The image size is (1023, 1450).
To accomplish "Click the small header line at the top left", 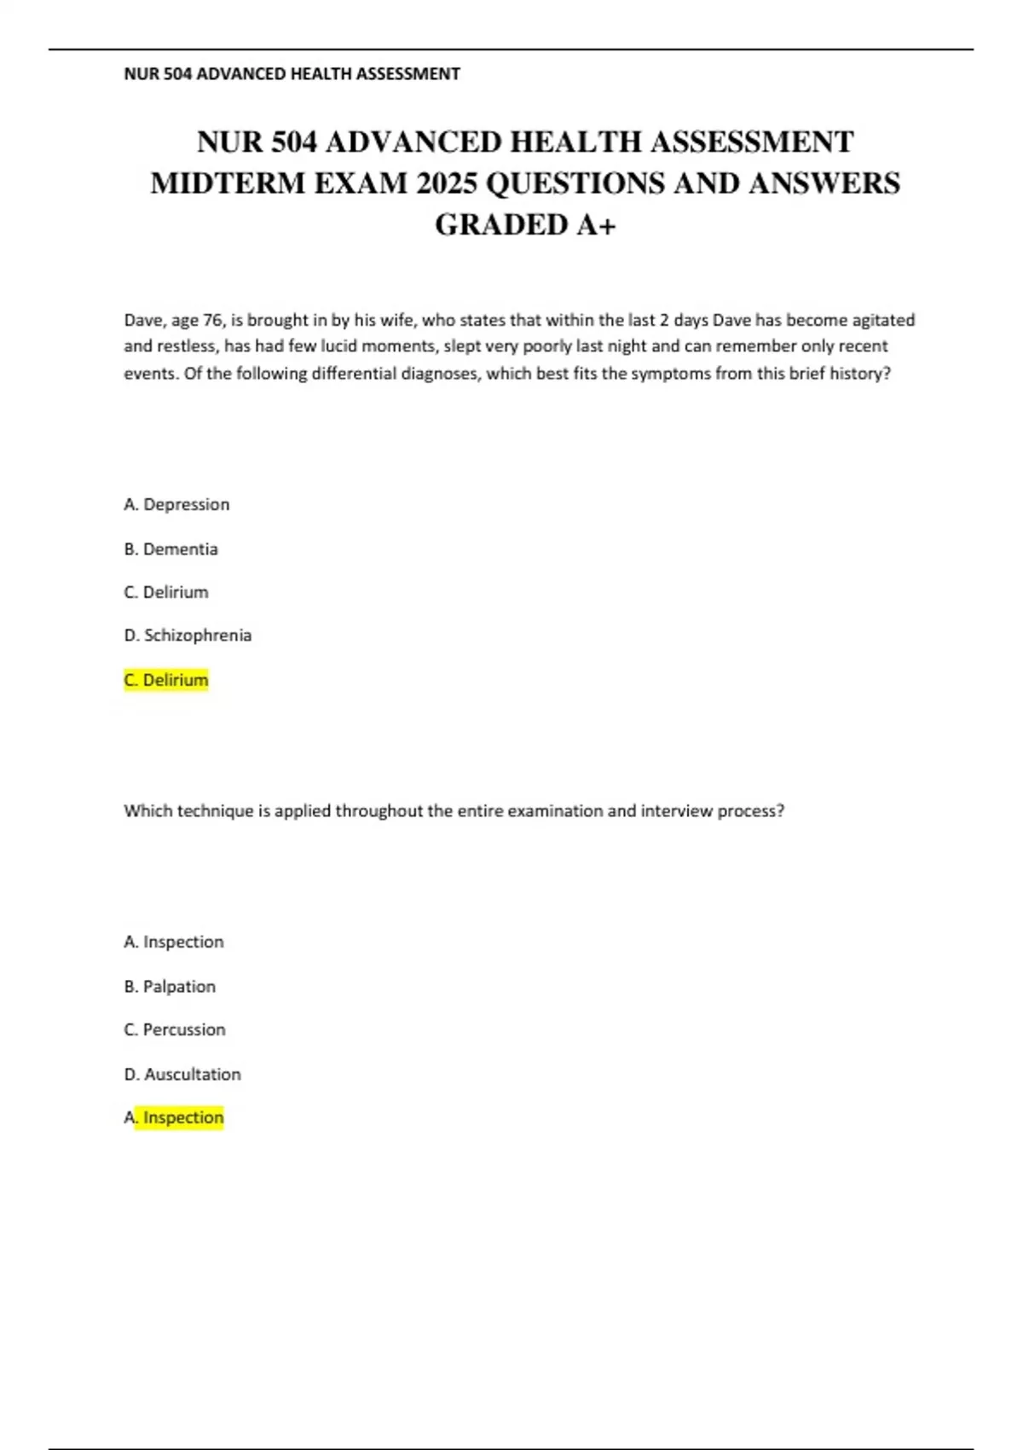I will (x=292, y=74).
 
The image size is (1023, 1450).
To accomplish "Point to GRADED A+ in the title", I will (x=525, y=225).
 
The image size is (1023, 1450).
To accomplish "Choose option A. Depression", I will (x=176, y=505).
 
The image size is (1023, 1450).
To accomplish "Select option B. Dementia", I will (x=170, y=549).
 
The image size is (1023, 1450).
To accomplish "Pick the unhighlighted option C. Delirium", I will (x=166, y=592).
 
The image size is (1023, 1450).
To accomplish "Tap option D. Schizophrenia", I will (x=188, y=635).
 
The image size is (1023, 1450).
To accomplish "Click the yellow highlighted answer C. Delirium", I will (x=166, y=680).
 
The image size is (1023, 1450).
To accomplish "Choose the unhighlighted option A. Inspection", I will (x=174, y=942).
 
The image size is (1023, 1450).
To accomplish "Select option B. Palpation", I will (x=170, y=987).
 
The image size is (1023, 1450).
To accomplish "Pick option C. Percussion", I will (x=175, y=1029).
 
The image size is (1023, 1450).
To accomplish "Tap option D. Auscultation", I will (x=182, y=1075).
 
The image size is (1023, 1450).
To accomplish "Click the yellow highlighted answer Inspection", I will (x=182, y=1117).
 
